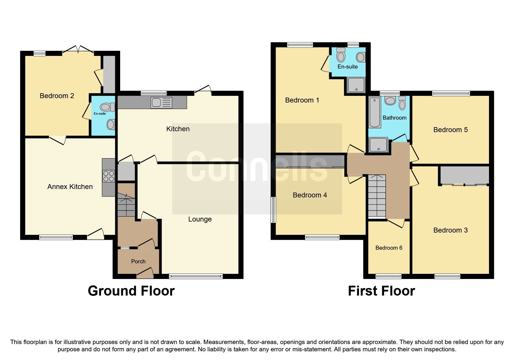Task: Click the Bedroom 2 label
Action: tap(57, 96)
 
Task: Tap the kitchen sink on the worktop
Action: tap(161, 103)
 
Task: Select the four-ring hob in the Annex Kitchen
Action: tap(109, 176)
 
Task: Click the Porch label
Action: tap(138, 261)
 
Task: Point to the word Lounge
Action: tap(200, 219)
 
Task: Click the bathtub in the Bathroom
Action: tap(375, 113)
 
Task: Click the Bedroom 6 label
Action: tap(389, 248)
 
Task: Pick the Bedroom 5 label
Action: tap(450, 130)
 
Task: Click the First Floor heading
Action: tap(381, 291)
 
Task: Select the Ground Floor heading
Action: tap(131, 291)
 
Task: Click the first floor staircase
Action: tap(377, 196)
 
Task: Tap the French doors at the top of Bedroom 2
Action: tap(78, 50)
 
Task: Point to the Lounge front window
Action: tap(196, 276)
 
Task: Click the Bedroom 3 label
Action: tap(450, 230)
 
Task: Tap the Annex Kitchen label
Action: tap(70, 187)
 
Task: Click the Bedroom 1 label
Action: tap(302, 100)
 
